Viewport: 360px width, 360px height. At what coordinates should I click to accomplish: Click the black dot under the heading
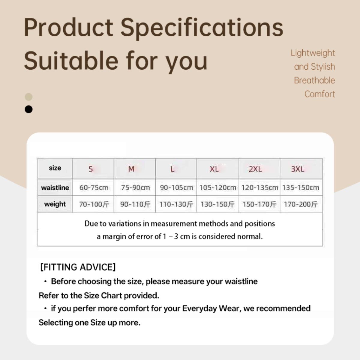click(28, 109)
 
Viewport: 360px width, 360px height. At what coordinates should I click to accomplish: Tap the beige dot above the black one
click(28, 97)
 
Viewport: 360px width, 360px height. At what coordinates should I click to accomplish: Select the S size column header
click(91, 169)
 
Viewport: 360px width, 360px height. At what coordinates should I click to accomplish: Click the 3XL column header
click(298, 169)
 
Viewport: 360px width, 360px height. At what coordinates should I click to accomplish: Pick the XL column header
click(214, 169)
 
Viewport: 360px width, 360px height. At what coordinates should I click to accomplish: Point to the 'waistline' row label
click(55, 187)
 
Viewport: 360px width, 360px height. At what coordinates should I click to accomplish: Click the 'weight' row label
click(55, 204)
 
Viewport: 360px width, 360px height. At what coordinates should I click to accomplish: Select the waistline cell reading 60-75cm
click(94, 187)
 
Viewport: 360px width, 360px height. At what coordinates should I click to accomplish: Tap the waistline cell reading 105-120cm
click(218, 187)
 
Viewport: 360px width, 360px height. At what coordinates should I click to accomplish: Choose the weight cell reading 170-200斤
click(301, 204)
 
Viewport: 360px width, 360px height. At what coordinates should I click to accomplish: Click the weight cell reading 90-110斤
click(135, 204)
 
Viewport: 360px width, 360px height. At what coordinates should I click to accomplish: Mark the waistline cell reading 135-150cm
click(301, 187)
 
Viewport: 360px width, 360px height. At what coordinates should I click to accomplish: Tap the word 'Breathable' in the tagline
click(314, 80)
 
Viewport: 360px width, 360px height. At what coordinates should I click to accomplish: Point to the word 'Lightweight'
click(313, 53)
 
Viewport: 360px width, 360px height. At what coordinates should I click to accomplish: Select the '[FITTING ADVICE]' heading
click(78, 267)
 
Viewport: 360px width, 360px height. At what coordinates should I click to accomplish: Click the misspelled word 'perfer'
click(84, 308)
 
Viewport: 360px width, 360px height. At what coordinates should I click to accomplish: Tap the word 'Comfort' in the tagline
click(319, 94)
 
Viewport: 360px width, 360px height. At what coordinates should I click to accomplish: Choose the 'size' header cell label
click(55, 168)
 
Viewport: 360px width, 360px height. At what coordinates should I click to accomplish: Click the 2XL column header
click(255, 169)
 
